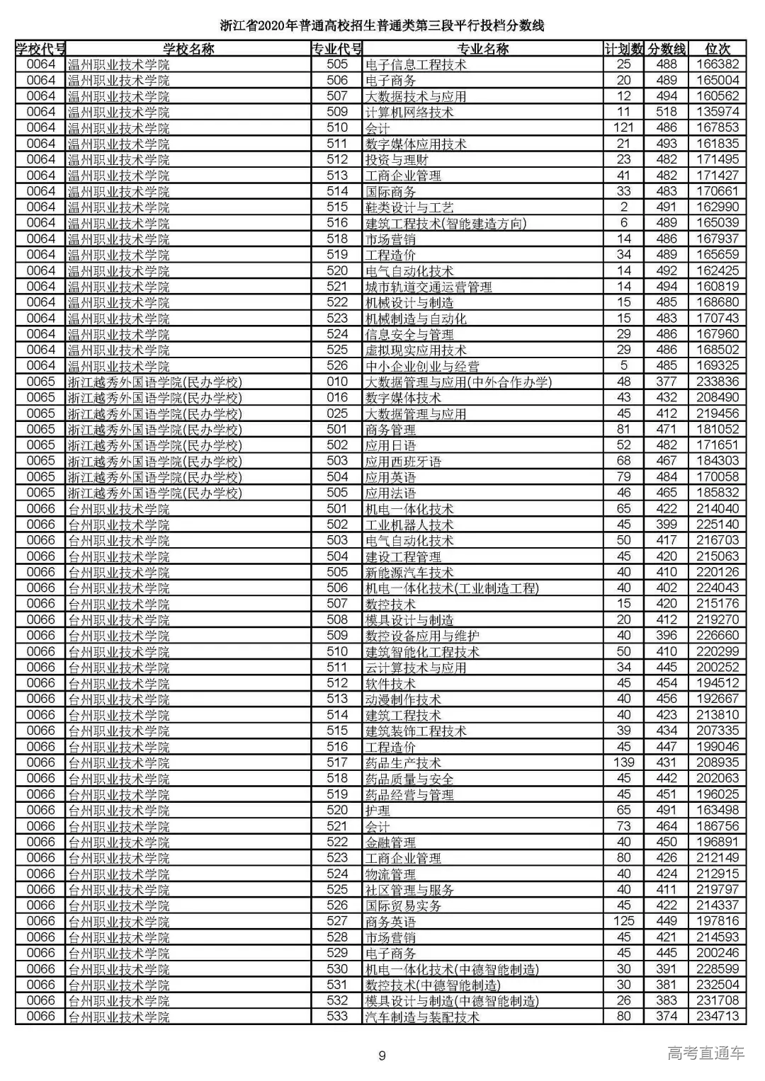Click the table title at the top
(x=382, y=26)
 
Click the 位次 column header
(x=718, y=49)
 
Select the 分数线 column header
(x=667, y=49)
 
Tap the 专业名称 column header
(x=482, y=49)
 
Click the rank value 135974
(x=718, y=112)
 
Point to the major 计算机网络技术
(x=409, y=113)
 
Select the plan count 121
(x=623, y=127)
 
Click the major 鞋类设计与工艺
(x=409, y=207)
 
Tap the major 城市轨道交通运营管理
(x=429, y=287)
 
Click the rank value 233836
(x=718, y=382)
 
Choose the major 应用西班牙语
(x=403, y=462)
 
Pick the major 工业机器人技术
(x=409, y=525)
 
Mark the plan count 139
(x=623, y=762)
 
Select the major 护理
(x=378, y=811)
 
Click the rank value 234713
(x=718, y=1017)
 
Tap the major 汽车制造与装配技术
(x=422, y=1017)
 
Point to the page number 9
(x=382, y=1056)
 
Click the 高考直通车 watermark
(x=705, y=1053)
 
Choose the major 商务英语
(x=390, y=922)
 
